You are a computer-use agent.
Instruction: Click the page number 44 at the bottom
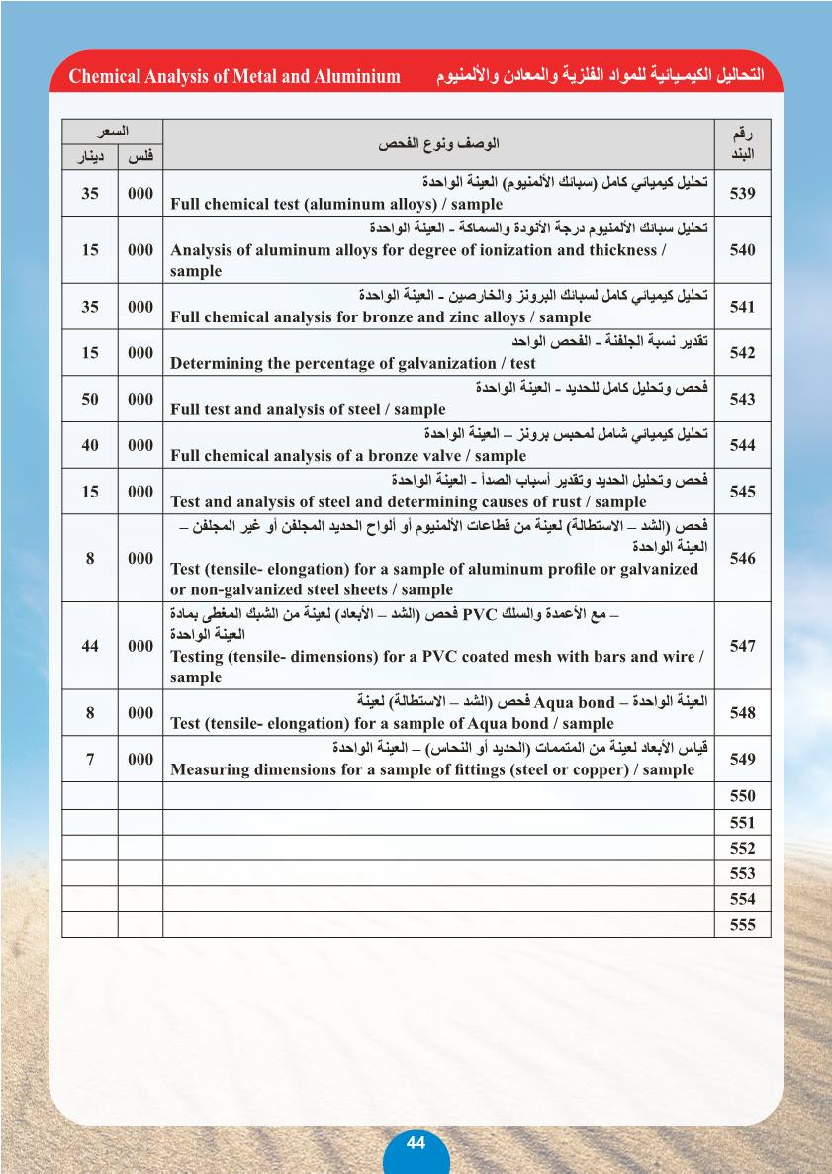(416, 1142)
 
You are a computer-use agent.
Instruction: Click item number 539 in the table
(742, 194)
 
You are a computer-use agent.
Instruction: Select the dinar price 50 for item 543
(90, 399)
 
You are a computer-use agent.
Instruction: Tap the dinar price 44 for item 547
(90, 646)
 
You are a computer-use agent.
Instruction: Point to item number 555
(742, 925)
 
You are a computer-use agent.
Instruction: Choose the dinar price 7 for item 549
(90, 759)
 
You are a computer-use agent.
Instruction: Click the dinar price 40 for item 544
(90, 445)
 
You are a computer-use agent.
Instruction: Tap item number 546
(742, 559)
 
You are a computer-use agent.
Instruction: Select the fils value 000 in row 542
(140, 353)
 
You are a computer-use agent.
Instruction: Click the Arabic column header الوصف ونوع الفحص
(438, 144)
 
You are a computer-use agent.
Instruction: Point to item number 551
(742, 822)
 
